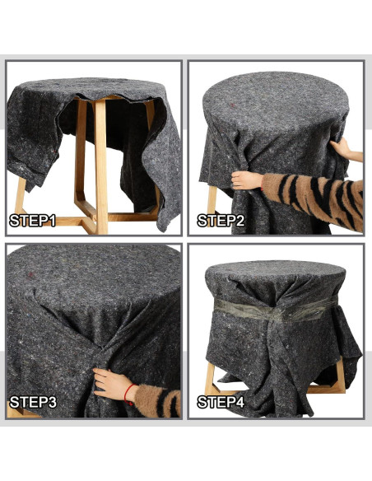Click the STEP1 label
tap(33, 221)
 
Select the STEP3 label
tap(33, 403)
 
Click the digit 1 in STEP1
tap(53, 221)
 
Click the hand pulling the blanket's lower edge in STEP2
tap(246, 180)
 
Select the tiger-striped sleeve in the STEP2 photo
tap(317, 194)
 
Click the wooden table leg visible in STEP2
tap(212, 200)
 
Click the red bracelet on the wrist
tap(129, 393)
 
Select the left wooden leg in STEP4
tap(211, 380)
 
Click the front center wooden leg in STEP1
tap(100, 165)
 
